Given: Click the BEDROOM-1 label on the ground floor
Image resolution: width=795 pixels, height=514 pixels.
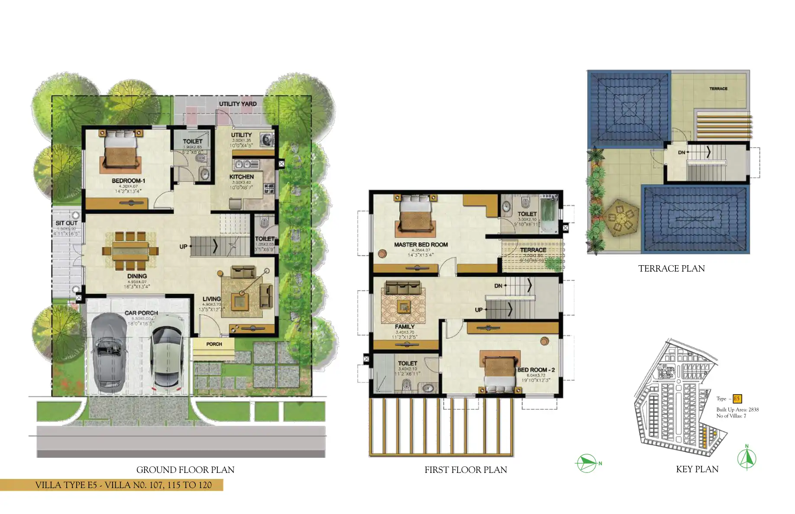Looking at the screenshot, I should click(x=128, y=181).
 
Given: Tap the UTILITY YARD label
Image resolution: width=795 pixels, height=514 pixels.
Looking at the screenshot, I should click(x=237, y=104).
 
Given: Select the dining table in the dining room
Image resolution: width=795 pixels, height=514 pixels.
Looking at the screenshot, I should click(x=130, y=251).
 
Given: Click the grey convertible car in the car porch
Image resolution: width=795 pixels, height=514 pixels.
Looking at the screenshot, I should click(x=109, y=353).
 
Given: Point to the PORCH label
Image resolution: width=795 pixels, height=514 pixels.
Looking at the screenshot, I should click(x=214, y=344).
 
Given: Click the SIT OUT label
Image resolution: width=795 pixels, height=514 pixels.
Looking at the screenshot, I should click(x=66, y=223).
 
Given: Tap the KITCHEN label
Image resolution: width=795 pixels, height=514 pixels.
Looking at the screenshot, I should click(x=242, y=177).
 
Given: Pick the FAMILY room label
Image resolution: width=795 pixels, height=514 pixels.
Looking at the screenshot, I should click(x=404, y=327).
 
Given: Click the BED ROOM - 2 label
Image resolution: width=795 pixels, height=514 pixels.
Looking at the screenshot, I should click(x=536, y=370).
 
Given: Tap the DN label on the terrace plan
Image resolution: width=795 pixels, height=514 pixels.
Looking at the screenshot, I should click(x=682, y=153).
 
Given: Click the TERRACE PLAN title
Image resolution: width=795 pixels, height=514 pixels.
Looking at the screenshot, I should click(x=671, y=269).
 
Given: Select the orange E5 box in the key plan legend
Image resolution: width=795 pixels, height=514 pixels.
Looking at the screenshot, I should click(x=737, y=399).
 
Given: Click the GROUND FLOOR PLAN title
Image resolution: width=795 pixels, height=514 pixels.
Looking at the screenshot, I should click(x=185, y=470).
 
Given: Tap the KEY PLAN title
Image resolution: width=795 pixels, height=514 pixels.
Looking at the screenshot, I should click(x=697, y=469).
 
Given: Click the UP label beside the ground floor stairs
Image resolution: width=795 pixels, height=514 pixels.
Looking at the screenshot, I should click(x=184, y=247).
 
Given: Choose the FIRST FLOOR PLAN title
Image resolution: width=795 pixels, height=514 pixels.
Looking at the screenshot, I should click(x=465, y=470).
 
